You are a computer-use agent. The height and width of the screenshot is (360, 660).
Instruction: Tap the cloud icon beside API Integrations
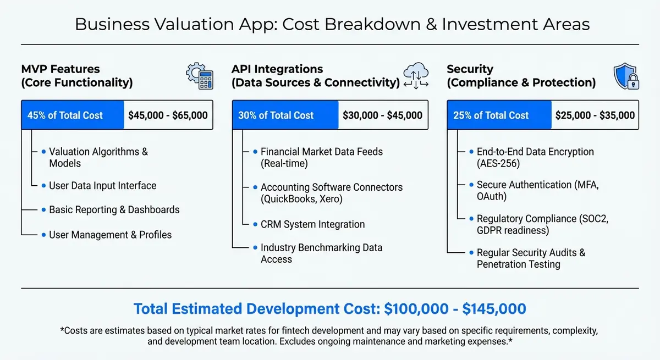pyautogui.click(x=415, y=76)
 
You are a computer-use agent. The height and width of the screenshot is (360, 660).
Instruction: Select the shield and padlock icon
pyautogui.click(x=625, y=76)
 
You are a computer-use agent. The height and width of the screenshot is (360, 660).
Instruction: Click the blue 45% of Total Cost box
pyautogui.click(x=73, y=115)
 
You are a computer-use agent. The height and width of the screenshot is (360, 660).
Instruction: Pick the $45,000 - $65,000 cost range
pyautogui.click(x=168, y=115)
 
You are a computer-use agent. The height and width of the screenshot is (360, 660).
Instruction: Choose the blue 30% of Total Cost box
pyautogui.click(x=285, y=115)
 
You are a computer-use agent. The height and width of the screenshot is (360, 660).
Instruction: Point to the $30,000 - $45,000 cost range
pyautogui.click(x=382, y=115)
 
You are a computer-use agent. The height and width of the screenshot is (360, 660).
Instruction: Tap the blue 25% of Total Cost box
pyautogui.click(x=499, y=115)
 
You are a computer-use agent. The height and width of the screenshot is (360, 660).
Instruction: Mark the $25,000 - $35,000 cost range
pyautogui.click(x=595, y=115)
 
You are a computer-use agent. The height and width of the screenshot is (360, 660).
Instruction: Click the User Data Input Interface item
pyautogui.click(x=102, y=186)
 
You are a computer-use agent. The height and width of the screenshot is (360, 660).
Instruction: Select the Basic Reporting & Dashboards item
pyautogui.click(x=114, y=210)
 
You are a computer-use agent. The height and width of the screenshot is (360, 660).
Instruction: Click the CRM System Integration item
pyautogui.click(x=312, y=224)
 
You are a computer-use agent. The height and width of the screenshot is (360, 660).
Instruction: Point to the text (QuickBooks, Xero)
pyautogui.click(x=301, y=199)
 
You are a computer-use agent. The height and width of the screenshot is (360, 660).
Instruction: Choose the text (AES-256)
pyautogui.click(x=498, y=163)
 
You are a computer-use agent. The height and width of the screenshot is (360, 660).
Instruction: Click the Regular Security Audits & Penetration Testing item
pyautogui.click(x=526, y=258)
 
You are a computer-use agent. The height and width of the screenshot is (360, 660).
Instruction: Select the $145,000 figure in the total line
pyautogui.click(x=494, y=308)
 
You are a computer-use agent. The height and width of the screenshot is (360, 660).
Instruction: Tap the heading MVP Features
pyautogui.click(x=61, y=69)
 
